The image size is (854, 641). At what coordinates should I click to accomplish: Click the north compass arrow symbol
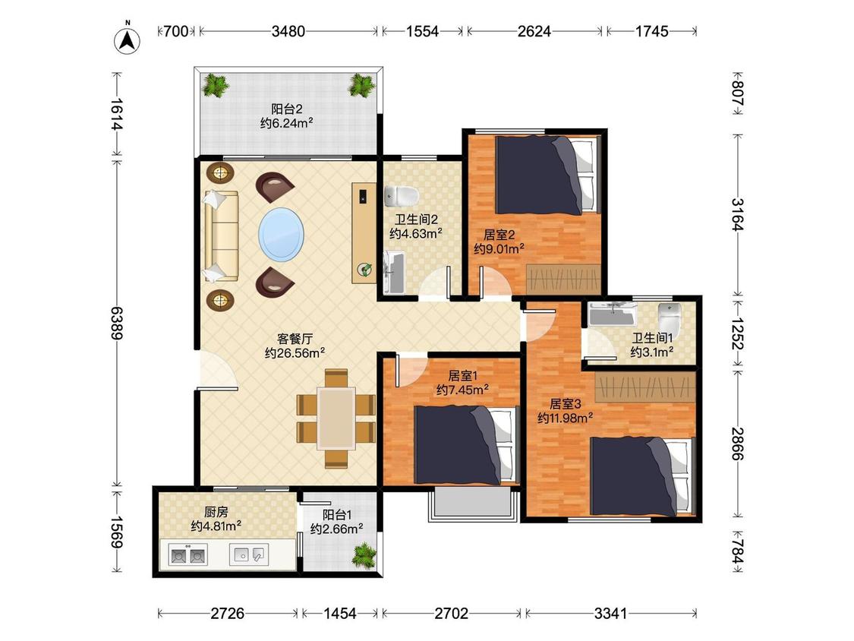pos(127,40)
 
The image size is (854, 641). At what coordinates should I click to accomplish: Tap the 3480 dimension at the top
pos(288,32)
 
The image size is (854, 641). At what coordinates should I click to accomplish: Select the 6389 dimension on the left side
pos(117,324)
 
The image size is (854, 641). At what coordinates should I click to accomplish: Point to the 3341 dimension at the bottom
pos(610,614)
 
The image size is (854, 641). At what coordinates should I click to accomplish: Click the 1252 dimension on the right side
pos(737,334)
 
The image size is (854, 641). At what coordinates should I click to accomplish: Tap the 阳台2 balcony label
pos(287,109)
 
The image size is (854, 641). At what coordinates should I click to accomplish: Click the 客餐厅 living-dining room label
pos(295,339)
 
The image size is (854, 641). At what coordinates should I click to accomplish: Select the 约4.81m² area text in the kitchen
pos(216,526)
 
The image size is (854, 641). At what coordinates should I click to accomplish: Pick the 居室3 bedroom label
pos(566,404)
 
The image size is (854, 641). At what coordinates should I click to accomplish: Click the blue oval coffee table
pos(280,235)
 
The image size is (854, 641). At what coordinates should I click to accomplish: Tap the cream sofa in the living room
pos(221,236)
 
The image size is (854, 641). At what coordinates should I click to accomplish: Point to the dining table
pos(336,418)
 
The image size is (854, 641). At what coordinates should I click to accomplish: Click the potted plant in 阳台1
pos(364,555)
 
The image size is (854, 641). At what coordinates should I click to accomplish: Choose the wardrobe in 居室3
pos(645,387)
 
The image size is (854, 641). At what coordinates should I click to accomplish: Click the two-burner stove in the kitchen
pos(188,555)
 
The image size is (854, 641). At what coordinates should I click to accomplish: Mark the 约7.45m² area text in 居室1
pos(462,390)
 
